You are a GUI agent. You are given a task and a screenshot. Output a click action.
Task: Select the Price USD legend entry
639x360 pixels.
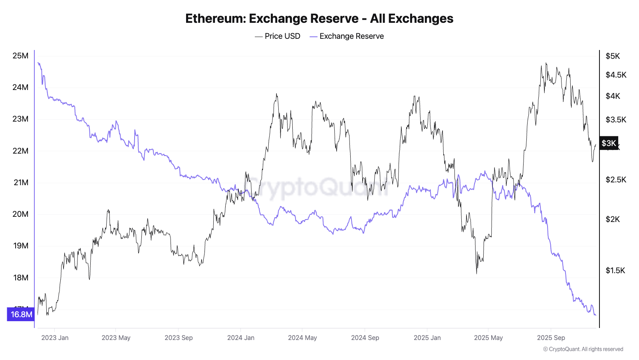coord(278,36)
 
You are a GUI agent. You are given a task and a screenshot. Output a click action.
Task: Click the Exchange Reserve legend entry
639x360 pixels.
coord(347,36)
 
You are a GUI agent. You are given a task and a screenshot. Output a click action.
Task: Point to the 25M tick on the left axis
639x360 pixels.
coord(20,56)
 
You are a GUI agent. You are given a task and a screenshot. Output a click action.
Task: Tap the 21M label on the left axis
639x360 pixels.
coord(21,182)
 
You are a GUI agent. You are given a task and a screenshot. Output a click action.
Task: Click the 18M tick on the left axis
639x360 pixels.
coord(20,278)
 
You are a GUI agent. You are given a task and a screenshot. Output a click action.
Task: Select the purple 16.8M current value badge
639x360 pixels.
coord(21,314)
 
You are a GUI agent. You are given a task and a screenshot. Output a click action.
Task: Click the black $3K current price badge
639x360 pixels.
coord(609,143)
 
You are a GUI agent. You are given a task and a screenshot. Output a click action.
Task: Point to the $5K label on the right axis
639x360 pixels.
coord(613,56)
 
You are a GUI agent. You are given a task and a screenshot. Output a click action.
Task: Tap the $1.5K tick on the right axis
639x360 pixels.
coord(615,270)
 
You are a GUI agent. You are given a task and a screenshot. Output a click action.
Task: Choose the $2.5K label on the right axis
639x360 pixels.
coord(615,180)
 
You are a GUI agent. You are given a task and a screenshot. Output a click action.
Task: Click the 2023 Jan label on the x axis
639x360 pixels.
coord(55,338)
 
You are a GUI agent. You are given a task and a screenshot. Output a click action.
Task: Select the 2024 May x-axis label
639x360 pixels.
coord(302,338)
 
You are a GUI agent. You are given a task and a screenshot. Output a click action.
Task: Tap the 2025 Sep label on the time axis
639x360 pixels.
coord(551,338)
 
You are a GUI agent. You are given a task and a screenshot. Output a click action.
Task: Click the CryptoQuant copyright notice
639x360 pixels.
coord(583,349)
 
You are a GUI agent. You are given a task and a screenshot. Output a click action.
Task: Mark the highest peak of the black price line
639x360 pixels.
coord(546,63)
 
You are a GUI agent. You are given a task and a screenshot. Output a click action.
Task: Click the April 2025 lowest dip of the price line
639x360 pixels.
coord(476,274)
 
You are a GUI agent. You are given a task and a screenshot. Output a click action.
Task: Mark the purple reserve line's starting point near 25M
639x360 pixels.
coord(38,62)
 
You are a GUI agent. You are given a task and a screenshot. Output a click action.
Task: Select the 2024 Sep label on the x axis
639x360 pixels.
coord(365,338)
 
